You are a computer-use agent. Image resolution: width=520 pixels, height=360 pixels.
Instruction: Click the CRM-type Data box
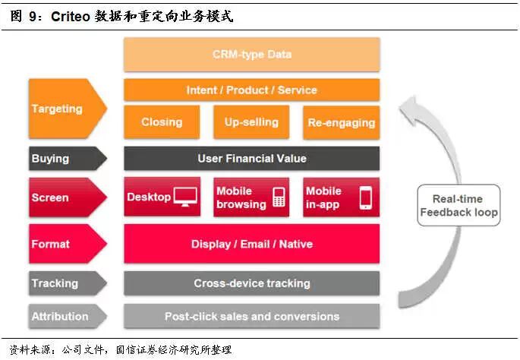pyautogui.click(x=251, y=55)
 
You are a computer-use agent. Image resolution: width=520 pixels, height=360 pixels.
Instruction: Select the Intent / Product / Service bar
pyautogui.click(x=251, y=90)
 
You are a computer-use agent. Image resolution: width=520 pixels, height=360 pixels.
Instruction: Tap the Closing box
pyautogui.click(x=162, y=122)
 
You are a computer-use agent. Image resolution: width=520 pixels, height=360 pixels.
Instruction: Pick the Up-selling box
pyautogui.click(x=251, y=122)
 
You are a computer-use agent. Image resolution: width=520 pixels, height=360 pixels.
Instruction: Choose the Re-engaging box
pyautogui.click(x=342, y=123)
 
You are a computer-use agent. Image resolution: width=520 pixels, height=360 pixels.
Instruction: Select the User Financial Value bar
pyautogui.click(x=251, y=159)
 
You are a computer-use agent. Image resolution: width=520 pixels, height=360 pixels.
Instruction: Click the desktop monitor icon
pyautogui.click(x=185, y=197)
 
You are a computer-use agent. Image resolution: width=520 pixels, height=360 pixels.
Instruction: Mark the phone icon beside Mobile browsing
pyautogui.click(x=279, y=197)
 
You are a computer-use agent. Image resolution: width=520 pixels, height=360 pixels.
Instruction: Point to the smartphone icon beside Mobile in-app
pyautogui.click(x=366, y=197)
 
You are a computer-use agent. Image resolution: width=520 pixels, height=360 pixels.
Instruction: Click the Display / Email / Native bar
pyautogui.click(x=251, y=245)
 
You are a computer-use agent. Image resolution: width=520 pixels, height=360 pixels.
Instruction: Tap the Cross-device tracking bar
pyautogui.click(x=251, y=283)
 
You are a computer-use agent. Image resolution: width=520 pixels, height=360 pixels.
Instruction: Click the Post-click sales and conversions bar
pyautogui.click(x=251, y=316)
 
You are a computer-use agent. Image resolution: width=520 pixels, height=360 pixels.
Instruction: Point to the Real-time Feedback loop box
pyautogui.click(x=459, y=205)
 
